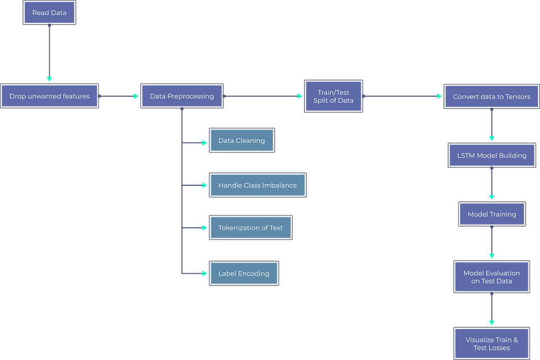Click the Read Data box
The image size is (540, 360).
pos(49,13)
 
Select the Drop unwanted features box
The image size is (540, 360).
pos(49,96)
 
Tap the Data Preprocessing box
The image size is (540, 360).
pos(182,96)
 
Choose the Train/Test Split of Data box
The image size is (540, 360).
pos(333,96)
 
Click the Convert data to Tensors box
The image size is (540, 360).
pos(491,96)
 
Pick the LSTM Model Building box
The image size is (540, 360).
pos(492,155)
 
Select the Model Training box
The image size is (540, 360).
pos(492,214)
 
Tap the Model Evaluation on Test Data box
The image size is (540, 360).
pos(491,276)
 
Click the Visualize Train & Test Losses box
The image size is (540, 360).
pos(491,343)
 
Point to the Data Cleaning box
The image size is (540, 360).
pos(242,140)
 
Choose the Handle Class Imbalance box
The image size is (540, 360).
pos(258,185)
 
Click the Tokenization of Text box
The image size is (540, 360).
pos(251,228)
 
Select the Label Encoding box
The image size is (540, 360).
pos(244,273)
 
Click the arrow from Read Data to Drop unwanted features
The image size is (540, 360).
pos(49,53)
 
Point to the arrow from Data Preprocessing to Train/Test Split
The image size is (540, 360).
pos(263,96)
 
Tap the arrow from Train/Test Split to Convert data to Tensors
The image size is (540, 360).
pos(402,96)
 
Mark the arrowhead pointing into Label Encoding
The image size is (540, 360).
pos(205,274)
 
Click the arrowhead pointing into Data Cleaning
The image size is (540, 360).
pos(205,143)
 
